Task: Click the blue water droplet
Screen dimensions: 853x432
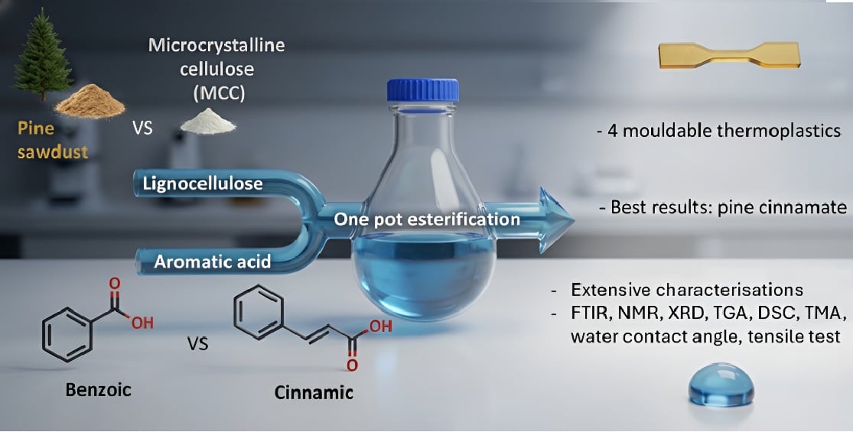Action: pos(721,386)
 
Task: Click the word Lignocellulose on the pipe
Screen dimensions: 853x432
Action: pos(203,184)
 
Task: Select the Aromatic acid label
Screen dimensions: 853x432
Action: pos(212,261)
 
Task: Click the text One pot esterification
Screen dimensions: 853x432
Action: pos(427,219)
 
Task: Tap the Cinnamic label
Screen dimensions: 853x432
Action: pos(314,393)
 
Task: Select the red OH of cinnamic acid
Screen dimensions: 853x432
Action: pos(380,328)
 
